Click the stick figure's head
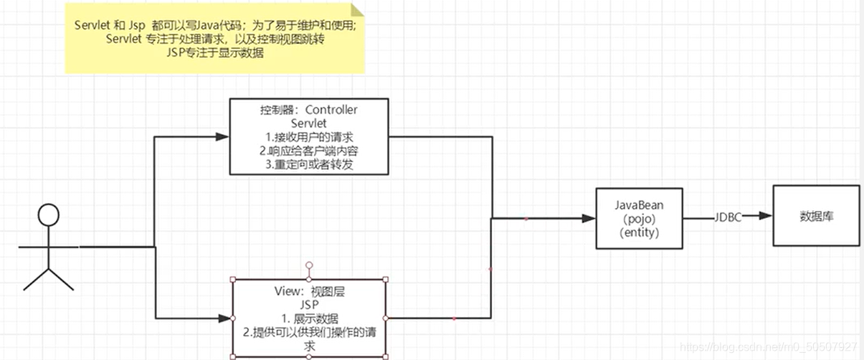[47, 215]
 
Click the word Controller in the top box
[331, 110]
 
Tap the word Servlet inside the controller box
[309, 123]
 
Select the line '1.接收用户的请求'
[309, 137]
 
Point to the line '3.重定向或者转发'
[309, 164]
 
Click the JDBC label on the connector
[728, 217]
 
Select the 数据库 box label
[816, 216]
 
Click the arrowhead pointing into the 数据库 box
[766, 217]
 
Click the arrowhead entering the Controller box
[222, 136]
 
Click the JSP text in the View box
[309, 305]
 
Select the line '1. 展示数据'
[309, 318]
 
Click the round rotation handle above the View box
[309, 265]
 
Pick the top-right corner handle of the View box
[386, 279]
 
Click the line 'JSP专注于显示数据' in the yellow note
[214, 53]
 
